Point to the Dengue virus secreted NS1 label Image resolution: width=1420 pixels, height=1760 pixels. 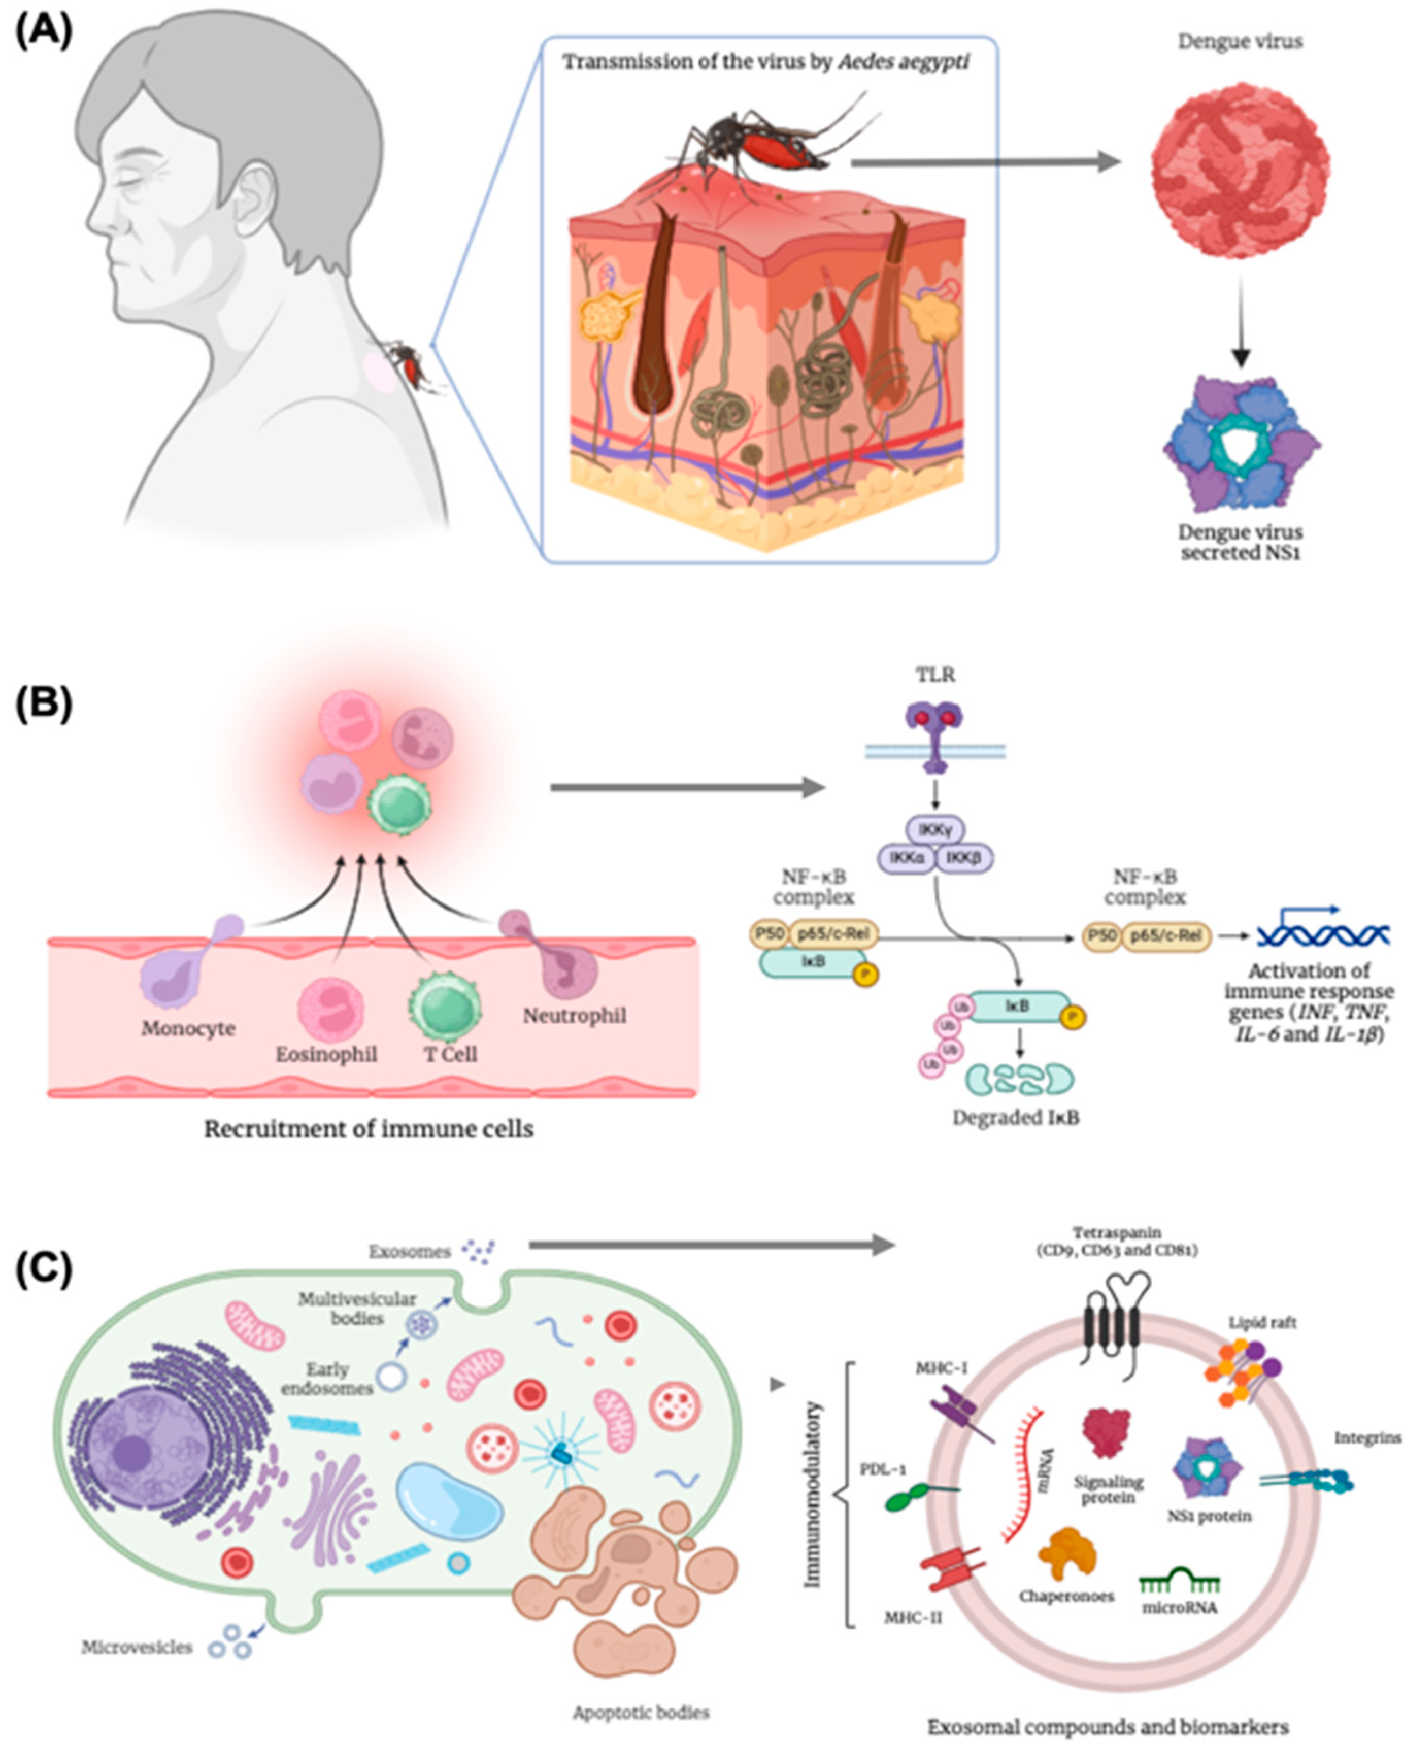tap(1240, 542)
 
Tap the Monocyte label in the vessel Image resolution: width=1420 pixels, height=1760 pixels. tap(188, 1028)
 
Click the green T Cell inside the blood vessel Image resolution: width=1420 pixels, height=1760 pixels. tap(444, 1007)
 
